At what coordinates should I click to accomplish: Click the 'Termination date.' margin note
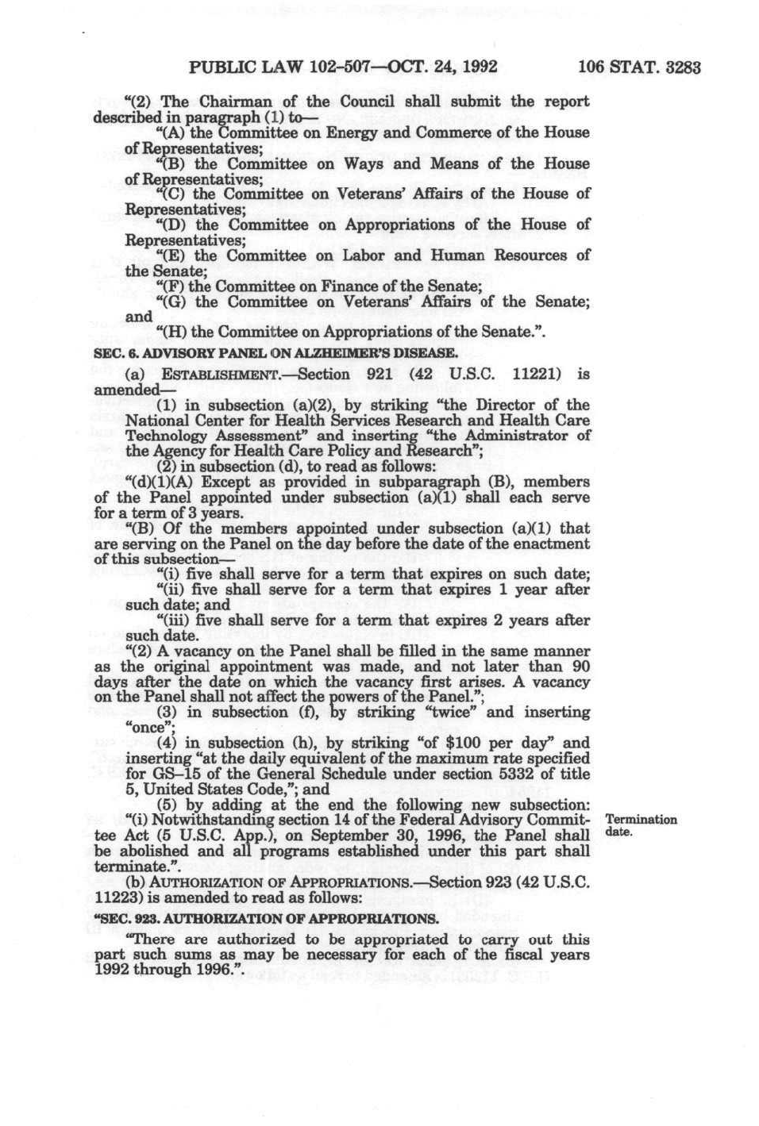(640, 826)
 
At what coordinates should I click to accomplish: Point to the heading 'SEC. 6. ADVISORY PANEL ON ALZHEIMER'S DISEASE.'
(275, 352)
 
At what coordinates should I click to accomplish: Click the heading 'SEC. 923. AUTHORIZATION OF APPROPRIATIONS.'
(266, 919)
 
